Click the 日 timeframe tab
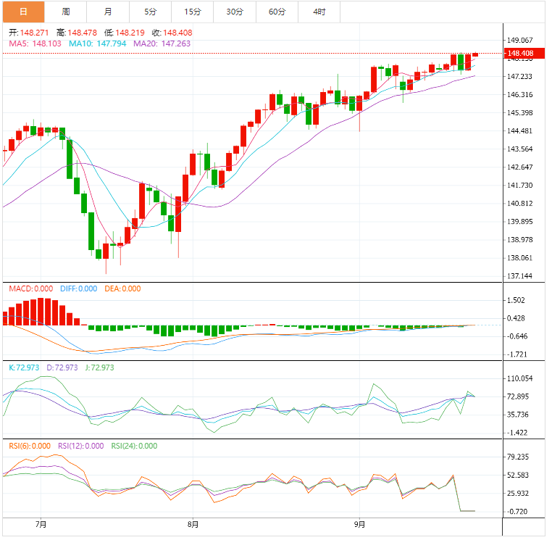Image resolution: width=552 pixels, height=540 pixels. (22, 12)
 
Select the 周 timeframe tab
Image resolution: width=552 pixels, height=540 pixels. (66, 12)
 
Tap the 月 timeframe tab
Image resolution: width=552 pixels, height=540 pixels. (108, 12)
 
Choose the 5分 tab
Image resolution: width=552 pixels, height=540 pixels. (150, 12)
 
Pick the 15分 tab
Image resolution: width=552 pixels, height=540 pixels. (193, 12)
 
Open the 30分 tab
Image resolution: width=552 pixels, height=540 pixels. (235, 12)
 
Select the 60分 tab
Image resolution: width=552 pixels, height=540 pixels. (277, 12)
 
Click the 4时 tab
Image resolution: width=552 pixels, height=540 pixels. (319, 12)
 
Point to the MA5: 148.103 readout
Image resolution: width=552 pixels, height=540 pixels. (35, 43)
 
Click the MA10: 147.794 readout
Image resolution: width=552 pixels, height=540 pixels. (98, 43)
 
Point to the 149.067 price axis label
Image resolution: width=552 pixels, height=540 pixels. (520, 41)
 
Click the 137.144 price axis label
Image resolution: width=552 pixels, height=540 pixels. (520, 276)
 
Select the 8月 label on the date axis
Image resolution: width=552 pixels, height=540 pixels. (193, 524)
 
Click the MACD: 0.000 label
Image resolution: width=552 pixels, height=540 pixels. (30, 288)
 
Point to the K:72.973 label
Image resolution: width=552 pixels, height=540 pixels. (25, 367)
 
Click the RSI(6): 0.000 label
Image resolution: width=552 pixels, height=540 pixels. (30, 446)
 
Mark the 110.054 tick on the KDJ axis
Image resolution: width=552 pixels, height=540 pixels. (520, 378)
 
